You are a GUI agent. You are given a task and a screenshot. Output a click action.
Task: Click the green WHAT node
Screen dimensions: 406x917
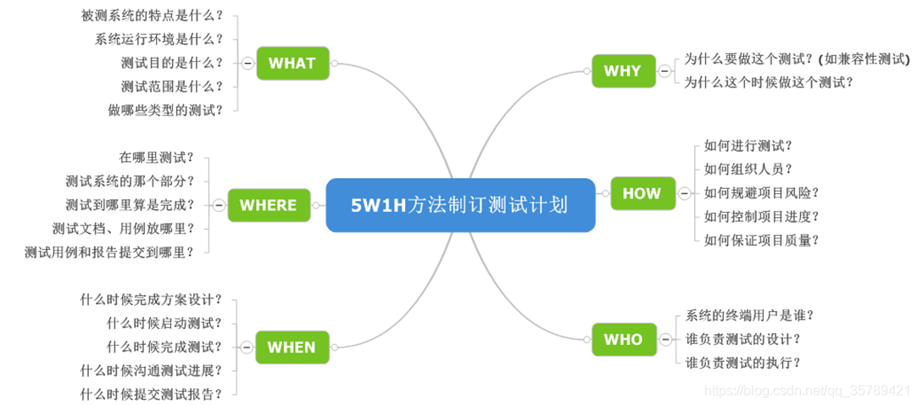point(292,63)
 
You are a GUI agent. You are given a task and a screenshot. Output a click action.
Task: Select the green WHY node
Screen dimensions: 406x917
point(623,70)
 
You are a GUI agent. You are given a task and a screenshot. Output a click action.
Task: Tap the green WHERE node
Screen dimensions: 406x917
point(268,204)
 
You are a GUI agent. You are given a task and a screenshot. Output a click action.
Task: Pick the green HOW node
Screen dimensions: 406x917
point(642,192)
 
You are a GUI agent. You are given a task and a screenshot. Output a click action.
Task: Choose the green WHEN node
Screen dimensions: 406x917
point(291,347)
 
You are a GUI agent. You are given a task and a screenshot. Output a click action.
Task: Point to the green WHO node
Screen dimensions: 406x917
point(623,339)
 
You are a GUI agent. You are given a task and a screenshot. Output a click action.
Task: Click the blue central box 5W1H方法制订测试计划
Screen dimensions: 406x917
point(460,204)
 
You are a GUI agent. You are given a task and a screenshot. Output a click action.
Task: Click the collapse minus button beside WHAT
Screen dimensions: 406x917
point(247,63)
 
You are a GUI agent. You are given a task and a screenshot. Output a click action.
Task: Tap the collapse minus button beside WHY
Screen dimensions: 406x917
point(664,70)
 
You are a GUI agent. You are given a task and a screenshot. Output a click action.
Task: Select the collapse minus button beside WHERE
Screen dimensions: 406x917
point(219,204)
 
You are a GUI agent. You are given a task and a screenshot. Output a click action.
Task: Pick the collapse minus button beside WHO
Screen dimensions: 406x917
point(664,339)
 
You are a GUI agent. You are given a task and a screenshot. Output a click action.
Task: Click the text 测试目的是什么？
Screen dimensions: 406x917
point(172,63)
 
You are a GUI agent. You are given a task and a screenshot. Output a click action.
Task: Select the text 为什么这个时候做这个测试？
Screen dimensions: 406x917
point(769,82)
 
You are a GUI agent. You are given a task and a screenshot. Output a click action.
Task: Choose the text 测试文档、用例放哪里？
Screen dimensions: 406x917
point(124,228)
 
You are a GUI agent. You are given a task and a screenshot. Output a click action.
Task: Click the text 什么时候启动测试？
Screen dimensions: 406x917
point(164,323)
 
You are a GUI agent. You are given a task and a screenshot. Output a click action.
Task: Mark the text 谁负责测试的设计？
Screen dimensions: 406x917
point(743,339)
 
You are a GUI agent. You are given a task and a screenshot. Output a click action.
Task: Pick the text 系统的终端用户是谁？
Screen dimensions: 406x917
point(750,315)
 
